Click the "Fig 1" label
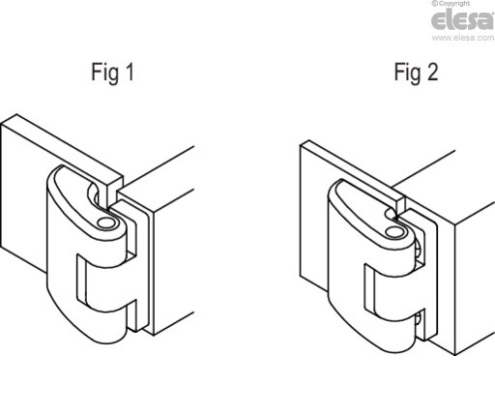click(112, 73)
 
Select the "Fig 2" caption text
click(416, 73)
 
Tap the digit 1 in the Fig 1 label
click(130, 72)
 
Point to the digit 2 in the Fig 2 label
click(432, 72)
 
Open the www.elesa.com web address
click(463, 38)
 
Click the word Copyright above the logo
click(453, 4)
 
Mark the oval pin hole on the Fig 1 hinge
click(105, 223)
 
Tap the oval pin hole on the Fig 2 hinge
click(393, 232)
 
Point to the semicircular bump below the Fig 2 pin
click(419, 250)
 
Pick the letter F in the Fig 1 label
click(96, 72)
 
